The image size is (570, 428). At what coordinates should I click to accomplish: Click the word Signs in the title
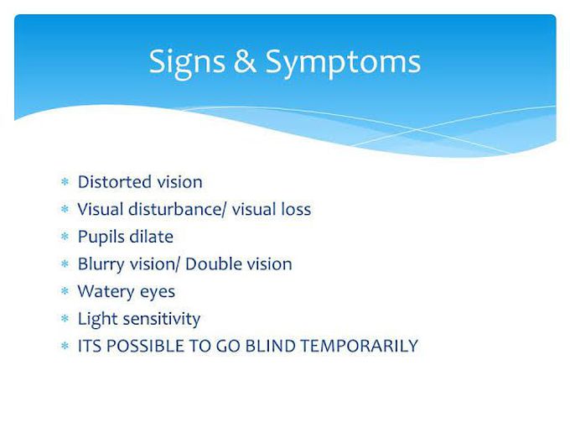pyautogui.click(x=187, y=64)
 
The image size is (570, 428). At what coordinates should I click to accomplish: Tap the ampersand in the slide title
pyautogui.click(x=245, y=61)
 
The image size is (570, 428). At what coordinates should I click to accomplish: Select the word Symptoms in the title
pyautogui.click(x=343, y=63)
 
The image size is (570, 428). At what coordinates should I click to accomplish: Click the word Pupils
pyautogui.click(x=101, y=237)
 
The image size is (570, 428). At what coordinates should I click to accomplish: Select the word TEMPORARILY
pyautogui.click(x=360, y=346)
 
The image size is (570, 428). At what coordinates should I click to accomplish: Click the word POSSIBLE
pyautogui.click(x=145, y=346)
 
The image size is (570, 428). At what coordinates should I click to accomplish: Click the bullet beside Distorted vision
pyautogui.click(x=65, y=181)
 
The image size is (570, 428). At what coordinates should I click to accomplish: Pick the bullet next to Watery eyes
pyautogui.click(x=65, y=291)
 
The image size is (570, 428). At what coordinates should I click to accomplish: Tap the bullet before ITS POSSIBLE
pyautogui.click(x=65, y=346)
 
